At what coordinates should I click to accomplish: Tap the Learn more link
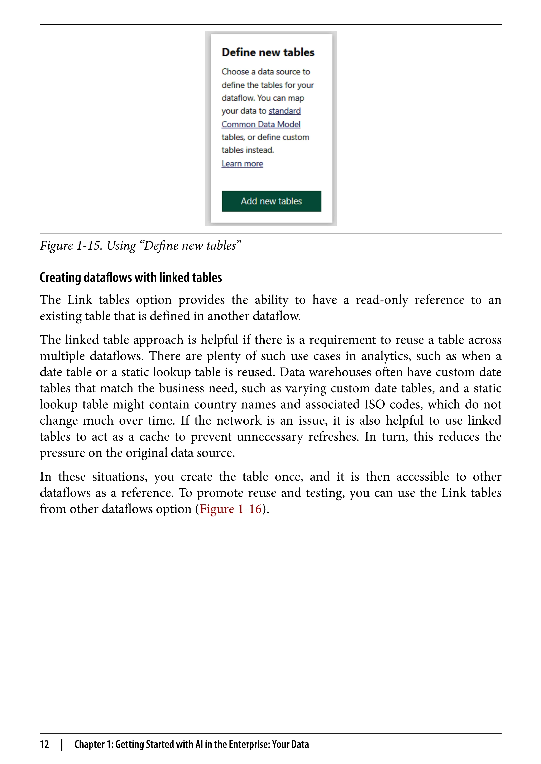(x=242, y=164)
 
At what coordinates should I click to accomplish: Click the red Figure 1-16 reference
(x=230, y=509)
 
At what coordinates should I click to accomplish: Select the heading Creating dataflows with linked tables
(x=131, y=277)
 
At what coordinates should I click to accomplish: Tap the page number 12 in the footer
(x=44, y=744)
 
